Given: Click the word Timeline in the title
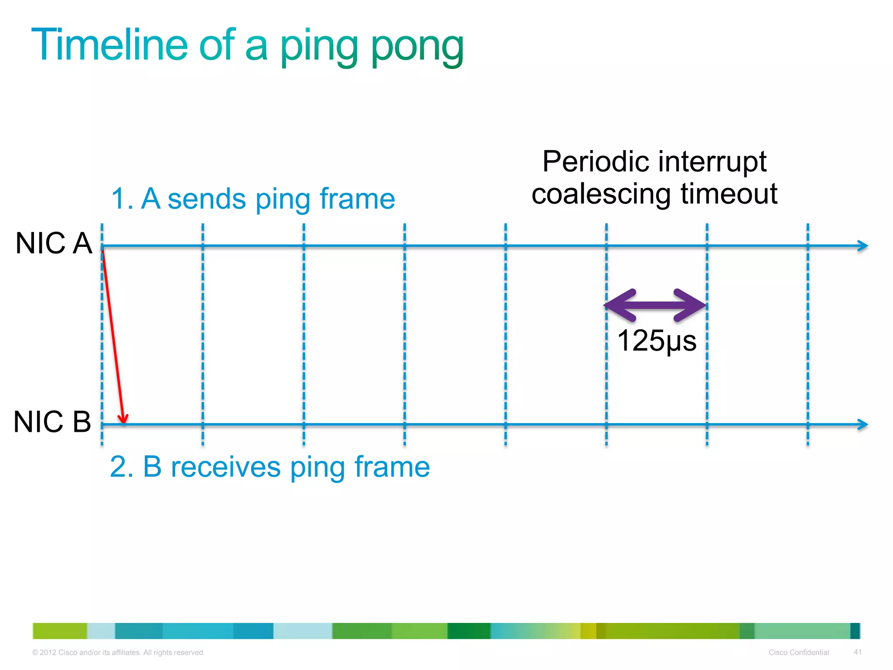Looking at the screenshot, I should point(109,45).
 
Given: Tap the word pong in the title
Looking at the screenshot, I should point(417,47).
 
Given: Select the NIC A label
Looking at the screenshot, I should point(54,243).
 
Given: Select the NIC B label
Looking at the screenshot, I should point(52,422).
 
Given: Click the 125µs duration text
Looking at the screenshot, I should point(657,341).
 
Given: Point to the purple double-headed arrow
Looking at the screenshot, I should point(655,305).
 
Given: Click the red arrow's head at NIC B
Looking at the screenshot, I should point(124,419).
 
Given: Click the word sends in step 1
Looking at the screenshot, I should point(207,199).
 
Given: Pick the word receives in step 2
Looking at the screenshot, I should point(225,467).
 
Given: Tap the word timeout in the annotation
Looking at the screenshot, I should point(729,194).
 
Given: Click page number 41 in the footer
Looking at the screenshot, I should point(857,652).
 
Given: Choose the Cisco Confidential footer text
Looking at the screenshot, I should point(798,653).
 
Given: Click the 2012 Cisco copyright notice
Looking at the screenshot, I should point(118,653).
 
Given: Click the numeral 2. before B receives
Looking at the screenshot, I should point(122,467).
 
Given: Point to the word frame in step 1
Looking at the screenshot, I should point(357,199).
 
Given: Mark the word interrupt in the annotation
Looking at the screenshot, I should point(712,162).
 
